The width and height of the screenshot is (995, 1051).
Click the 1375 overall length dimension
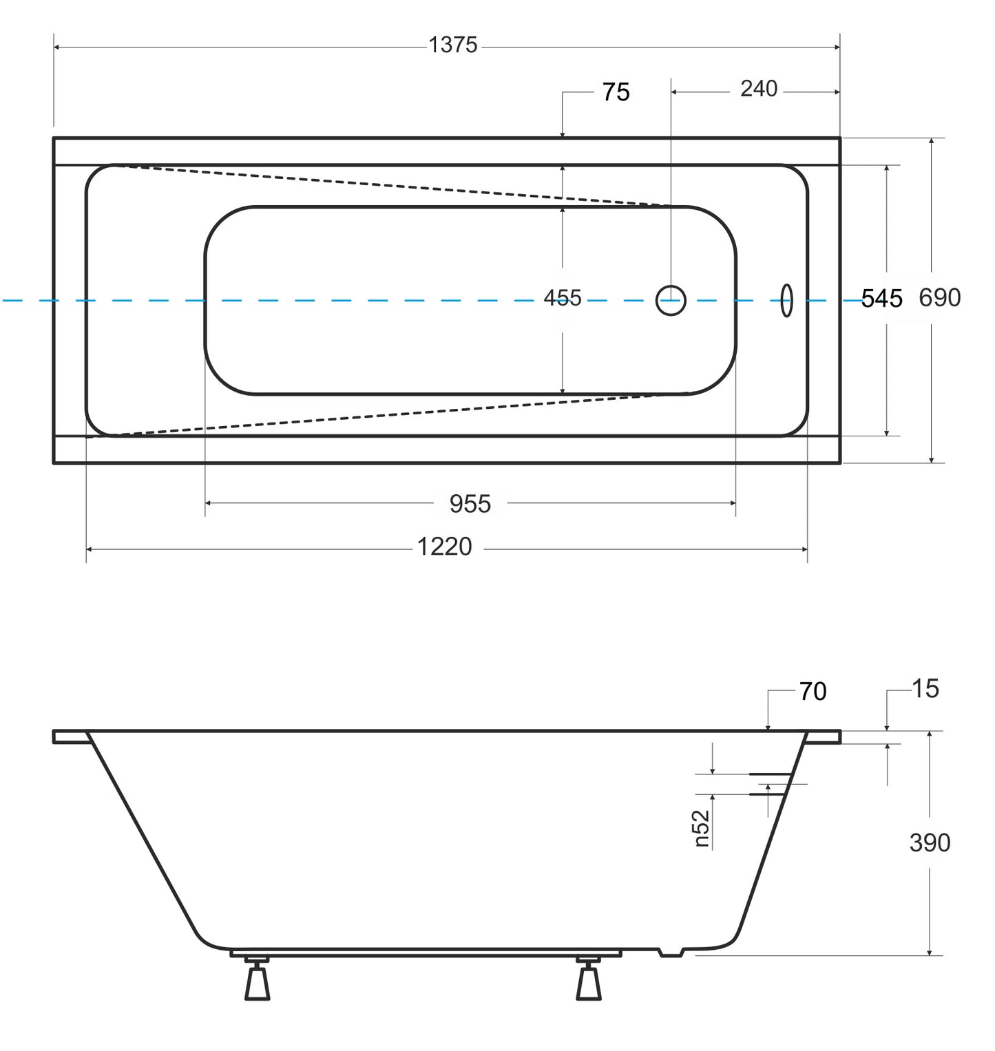pyautogui.click(x=452, y=45)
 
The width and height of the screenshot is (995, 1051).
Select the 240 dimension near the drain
pyautogui.click(x=758, y=89)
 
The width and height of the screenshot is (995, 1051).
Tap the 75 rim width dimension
pyautogui.click(x=616, y=92)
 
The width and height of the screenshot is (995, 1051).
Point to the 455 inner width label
pyautogui.click(x=563, y=298)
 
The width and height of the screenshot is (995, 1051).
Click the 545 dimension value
pyautogui.click(x=881, y=299)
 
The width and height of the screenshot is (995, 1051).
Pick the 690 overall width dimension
pyautogui.click(x=939, y=297)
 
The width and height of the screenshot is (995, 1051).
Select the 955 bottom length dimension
pyautogui.click(x=470, y=504)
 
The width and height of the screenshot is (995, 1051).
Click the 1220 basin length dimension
pyautogui.click(x=444, y=547)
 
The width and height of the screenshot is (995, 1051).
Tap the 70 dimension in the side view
pyautogui.click(x=813, y=692)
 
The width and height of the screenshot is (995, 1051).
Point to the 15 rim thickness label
pyautogui.click(x=925, y=689)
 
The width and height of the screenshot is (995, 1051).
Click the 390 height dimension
pyautogui.click(x=930, y=842)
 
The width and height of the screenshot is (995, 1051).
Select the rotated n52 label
pyautogui.click(x=701, y=829)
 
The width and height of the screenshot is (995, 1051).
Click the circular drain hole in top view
pyautogui.click(x=671, y=301)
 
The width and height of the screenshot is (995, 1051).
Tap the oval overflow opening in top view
pyautogui.click(x=786, y=301)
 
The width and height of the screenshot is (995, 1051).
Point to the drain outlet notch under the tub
pyautogui.click(x=671, y=953)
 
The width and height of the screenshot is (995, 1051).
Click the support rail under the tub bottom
pyautogui.click(x=425, y=954)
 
